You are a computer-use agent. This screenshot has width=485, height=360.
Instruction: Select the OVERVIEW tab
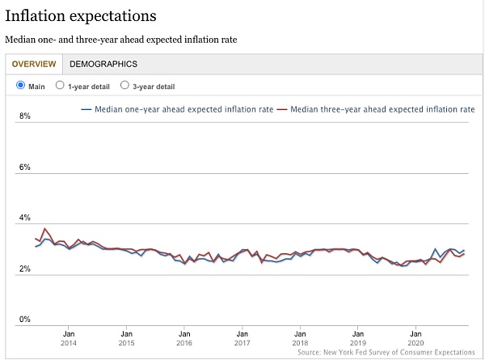click(x=34, y=64)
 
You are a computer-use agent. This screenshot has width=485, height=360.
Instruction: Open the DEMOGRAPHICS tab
click(x=103, y=64)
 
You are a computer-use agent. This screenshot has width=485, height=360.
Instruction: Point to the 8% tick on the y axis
click(x=24, y=116)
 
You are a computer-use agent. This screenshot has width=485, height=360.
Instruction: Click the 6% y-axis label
click(x=24, y=167)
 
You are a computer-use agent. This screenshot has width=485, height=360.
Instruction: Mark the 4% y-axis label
click(x=24, y=218)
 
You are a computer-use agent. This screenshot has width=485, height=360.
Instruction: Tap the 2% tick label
click(x=24, y=269)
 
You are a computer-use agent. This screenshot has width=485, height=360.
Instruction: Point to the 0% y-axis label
click(x=24, y=320)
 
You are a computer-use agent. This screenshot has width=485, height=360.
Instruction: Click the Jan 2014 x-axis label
click(x=69, y=337)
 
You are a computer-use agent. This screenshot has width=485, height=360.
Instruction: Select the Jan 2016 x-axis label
click(x=184, y=337)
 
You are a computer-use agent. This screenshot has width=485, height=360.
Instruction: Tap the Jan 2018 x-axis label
click(x=300, y=337)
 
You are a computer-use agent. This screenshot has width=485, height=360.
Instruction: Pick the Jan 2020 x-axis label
click(x=415, y=337)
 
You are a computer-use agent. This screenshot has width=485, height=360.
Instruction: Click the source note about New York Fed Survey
click(x=386, y=353)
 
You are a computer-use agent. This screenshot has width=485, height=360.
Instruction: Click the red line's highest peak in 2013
click(x=44, y=229)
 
